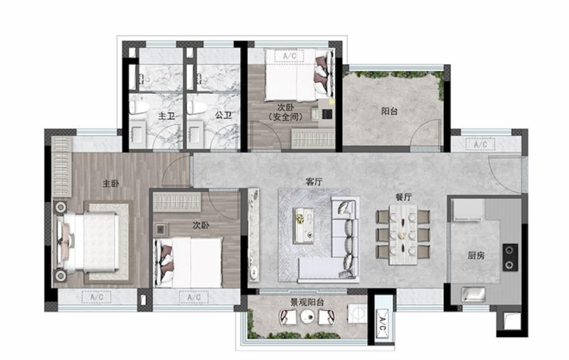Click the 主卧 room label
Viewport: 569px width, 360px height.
(111, 184)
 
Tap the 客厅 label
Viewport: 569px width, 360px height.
(314, 182)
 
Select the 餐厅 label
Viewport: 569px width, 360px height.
(403, 197)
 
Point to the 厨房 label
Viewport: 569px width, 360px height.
(476, 255)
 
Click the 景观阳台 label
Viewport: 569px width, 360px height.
(307, 302)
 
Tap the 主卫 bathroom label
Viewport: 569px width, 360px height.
(166, 116)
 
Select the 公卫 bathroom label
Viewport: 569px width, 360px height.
(223, 115)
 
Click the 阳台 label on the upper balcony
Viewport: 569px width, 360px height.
(389, 111)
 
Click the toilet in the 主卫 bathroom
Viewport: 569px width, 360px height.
(139, 107)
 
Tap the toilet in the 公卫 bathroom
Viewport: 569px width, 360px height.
(196, 107)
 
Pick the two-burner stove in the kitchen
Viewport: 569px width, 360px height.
(510, 258)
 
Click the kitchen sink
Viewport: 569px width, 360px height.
(473, 294)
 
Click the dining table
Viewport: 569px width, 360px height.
(403, 235)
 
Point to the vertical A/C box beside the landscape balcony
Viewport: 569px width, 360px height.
(383, 324)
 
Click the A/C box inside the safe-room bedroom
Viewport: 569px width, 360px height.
(289, 56)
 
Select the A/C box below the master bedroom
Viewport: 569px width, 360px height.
(97, 297)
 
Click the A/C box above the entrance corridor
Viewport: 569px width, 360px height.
(481, 145)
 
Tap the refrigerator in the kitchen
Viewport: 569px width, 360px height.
(468, 210)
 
